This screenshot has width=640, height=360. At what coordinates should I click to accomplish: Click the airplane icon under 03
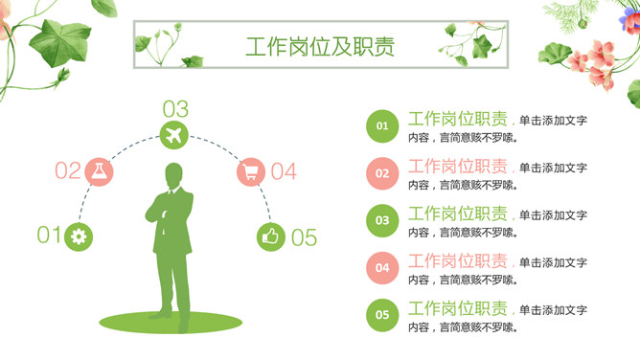[x=174, y=134]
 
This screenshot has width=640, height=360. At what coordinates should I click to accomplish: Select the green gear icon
[x=78, y=236]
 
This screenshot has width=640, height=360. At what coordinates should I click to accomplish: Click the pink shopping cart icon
[x=251, y=172]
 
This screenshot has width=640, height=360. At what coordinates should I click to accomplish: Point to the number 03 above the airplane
[x=175, y=108]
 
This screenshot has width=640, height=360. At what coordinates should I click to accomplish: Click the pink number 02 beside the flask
[x=67, y=171]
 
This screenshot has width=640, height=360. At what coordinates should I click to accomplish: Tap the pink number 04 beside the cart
[x=284, y=172]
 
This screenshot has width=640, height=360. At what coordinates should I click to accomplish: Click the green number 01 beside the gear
[x=48, y=235]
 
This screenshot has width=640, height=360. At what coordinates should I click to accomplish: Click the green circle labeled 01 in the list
[x=382, y=126]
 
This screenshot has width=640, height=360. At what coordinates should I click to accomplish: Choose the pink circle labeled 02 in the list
[x=382, y=173]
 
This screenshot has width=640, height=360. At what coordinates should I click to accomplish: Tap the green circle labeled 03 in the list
[x=382, y=220]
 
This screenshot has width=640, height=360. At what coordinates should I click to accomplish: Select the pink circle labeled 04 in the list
[x=382, y=267]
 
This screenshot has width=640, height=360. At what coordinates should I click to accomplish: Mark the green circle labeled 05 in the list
[x=382, y=314]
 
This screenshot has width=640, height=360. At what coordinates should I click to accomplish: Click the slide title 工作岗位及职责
[x=319, y=48]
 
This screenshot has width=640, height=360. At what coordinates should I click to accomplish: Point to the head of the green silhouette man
[x=173, y=176]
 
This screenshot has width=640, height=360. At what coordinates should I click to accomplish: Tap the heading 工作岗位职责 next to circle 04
[x=458, y=260]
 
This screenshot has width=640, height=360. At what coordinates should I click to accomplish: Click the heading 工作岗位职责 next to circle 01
[x=458, y=120]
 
